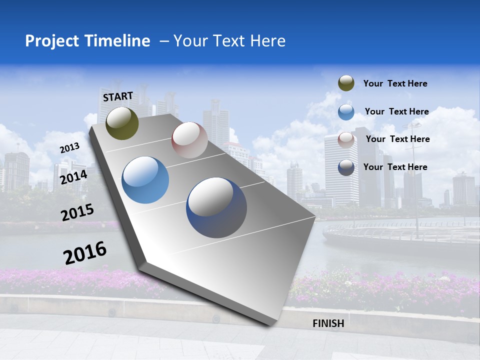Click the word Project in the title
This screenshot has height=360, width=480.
click(x=51, y=41)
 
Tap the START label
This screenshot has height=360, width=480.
click(x=118, y=96)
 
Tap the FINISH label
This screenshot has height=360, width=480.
click(x=328, y=323)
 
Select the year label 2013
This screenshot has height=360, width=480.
click(x=70, y=147)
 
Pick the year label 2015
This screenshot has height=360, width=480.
click(x=77, y=212)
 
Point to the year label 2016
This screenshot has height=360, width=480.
click(x=85, y=252)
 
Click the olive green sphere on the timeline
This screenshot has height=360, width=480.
click(x=122, y=123)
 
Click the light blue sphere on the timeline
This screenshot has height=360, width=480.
click(x=145, y=180)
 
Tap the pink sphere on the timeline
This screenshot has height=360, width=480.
click(x=189, y=140)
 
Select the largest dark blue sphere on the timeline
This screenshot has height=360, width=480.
click(x=216, y=207)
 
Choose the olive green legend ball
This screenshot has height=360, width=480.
click(x=346, y=83)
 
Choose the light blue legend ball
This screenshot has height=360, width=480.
click(x=346, y=112)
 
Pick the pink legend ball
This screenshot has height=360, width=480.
click(x=346, y=139)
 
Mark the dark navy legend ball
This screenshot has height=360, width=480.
click(x=346, y=167)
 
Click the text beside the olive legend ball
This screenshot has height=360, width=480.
click(x=395, y=83)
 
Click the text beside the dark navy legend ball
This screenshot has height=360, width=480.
click(x=395, y=167)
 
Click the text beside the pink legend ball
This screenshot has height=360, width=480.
click(x=397, y=139)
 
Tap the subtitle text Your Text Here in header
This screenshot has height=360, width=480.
click(x=229, y=41)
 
